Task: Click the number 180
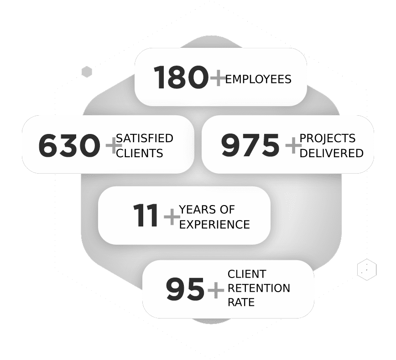181,77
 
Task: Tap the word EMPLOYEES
258,79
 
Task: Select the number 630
69,145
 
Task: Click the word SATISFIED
145,138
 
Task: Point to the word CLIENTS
140,154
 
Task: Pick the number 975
250,145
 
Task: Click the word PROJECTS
327,138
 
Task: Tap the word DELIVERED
331,154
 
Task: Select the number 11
146,215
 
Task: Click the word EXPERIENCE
214,225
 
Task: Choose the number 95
185,289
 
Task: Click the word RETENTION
259,288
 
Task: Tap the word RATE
241,302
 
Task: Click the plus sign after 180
218,78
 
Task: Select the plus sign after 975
293,145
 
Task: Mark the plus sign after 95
216,290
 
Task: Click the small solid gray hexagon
87,72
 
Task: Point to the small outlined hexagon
367,269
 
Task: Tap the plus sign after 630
114,145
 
